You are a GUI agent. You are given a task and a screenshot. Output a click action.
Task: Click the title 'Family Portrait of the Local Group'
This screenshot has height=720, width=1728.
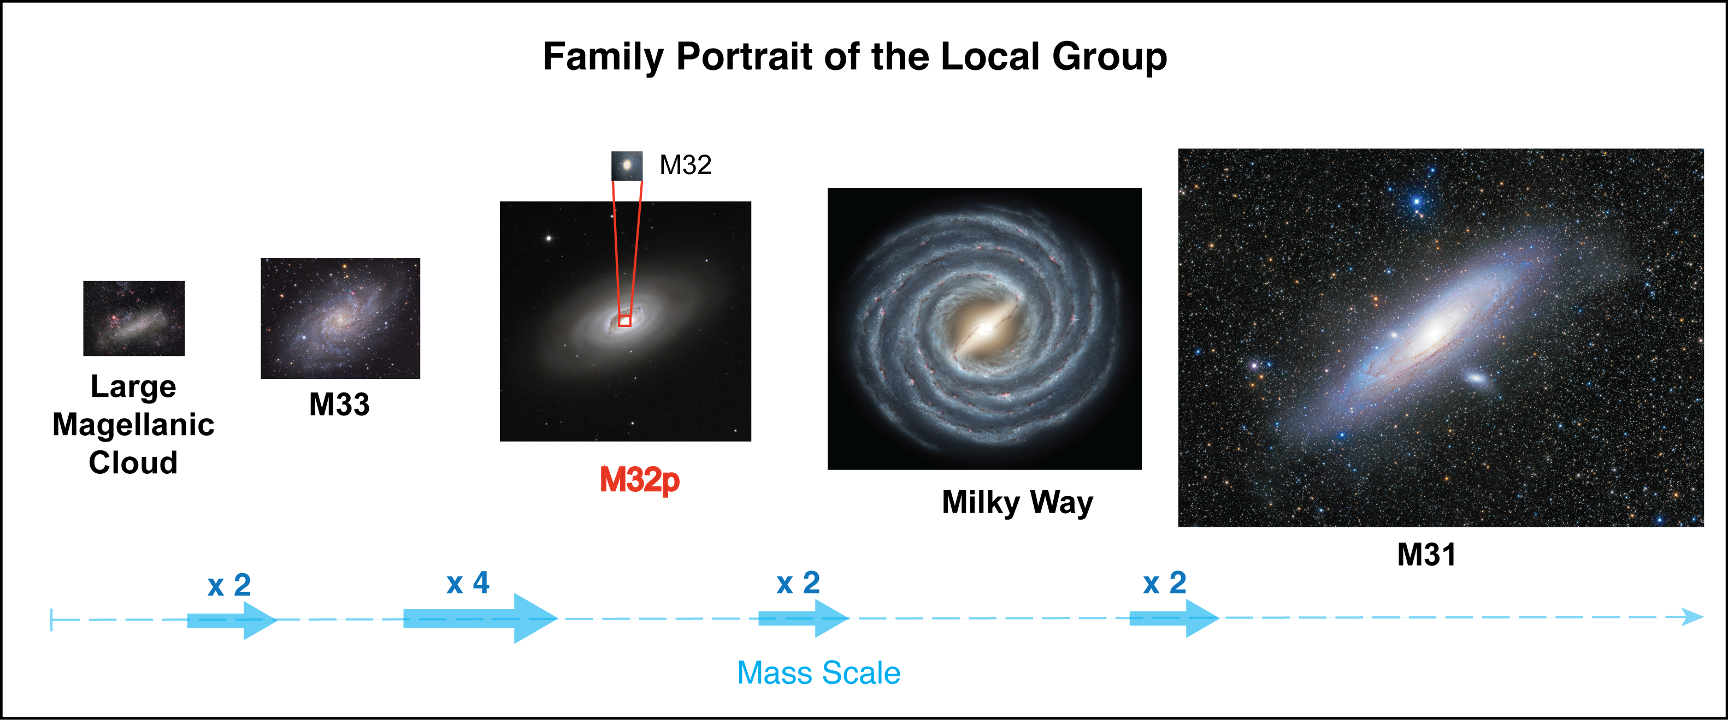coord(854,56)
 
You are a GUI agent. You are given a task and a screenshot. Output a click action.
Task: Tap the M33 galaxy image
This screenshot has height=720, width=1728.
coord(340,318)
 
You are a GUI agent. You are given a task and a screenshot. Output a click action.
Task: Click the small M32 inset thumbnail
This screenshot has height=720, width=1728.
coord(627,165)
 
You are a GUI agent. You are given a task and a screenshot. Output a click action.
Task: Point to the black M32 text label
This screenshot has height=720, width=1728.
coord(685,165)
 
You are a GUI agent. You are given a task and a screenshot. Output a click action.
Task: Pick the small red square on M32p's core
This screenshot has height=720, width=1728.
coord(624,321)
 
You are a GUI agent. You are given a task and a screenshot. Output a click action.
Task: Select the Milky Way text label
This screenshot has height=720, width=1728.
coord(1017,503)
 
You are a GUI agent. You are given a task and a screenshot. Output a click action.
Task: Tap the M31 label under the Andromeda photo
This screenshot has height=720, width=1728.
coord(1426,555)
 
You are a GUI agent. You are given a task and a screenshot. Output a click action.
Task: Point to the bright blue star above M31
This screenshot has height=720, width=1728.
coord(1417,201)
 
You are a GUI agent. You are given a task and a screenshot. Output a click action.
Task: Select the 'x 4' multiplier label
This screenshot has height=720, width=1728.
coord(468,582)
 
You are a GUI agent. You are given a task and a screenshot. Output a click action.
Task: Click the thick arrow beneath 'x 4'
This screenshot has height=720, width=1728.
coord(480,618)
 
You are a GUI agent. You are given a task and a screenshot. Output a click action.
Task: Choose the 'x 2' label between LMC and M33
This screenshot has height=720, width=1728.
coord(229,585)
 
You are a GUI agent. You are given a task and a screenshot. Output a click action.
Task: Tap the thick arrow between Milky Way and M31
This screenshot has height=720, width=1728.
coord(1174,618)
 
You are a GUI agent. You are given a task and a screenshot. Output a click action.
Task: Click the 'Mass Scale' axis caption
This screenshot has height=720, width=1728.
coord(818,673)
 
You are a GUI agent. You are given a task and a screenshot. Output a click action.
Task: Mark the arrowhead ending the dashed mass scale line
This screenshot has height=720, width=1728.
coord(1694,617)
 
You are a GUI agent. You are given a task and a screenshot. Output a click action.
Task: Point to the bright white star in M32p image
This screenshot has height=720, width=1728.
coord(549,238)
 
